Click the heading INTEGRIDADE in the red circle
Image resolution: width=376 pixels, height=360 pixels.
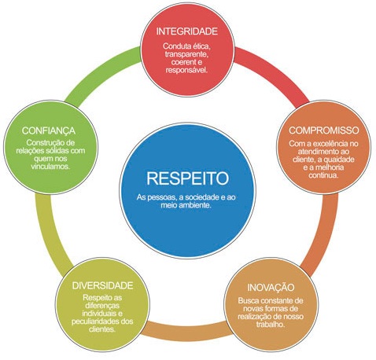187,31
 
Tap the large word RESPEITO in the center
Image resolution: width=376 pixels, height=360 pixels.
187,178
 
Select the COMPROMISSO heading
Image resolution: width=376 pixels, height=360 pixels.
324,130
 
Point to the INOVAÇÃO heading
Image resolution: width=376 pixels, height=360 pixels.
271,287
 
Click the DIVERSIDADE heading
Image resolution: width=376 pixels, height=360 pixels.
102,285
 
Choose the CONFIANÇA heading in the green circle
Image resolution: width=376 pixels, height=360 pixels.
49,130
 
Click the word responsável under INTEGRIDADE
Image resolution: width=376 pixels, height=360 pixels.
186,70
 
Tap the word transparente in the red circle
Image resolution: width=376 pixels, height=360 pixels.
187,54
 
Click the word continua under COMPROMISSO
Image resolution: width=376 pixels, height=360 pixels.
323,175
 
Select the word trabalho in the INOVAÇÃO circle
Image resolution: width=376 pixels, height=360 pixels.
271,325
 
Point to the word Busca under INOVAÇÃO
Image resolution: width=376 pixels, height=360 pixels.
247,300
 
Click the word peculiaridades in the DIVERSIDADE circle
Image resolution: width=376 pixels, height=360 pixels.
95,321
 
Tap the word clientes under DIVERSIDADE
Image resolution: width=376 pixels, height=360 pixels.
102,329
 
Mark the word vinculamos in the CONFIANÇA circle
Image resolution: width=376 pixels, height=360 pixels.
50,167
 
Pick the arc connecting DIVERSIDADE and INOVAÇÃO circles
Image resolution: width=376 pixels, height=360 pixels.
187,332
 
